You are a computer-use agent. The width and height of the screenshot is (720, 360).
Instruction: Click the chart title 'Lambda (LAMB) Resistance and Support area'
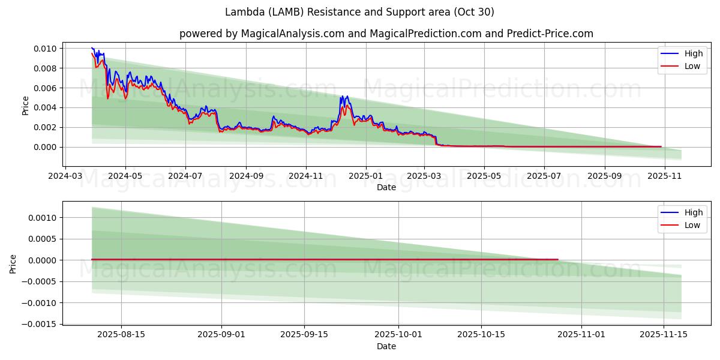359,12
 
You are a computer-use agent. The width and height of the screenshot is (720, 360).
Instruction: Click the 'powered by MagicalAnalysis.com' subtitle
386,34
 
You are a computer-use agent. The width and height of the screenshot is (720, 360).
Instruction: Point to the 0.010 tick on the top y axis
45,49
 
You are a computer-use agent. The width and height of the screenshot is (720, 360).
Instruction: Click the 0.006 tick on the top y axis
45,88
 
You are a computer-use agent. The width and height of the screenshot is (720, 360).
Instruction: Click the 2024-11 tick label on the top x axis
306,176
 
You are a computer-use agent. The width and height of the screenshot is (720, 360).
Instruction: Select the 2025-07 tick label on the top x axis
544,176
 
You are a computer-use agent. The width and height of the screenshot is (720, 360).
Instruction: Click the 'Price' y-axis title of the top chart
25,106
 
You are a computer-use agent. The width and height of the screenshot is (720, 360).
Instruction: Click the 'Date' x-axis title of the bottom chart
386,346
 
